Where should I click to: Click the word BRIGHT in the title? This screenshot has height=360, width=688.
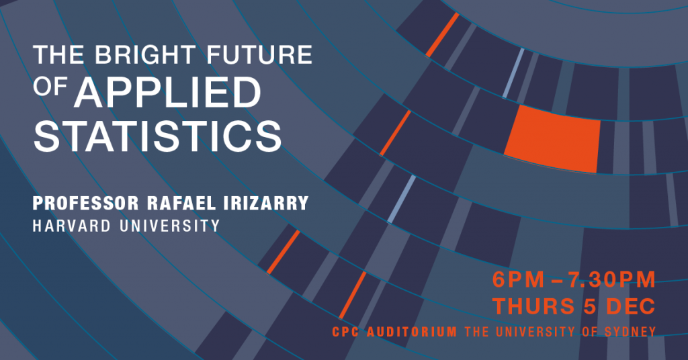click(x=145, y=55)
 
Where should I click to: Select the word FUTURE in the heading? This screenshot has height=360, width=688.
click(x=259, y=55)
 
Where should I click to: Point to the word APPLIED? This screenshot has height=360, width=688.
click(x=167, y=92)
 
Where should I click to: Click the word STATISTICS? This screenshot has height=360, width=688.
click(x=157, y=136)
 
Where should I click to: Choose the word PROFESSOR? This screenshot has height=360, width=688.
click(x=86, y=203)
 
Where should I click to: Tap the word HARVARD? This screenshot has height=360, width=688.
click(x=72, y=226)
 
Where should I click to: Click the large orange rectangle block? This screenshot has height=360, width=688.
click(x=552, y=138)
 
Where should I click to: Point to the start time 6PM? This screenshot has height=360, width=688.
click(x=518, y=280)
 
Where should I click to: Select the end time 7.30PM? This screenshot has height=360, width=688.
click(x=612, y=280)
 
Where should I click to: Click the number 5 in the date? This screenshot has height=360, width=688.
click(x=590, y=306)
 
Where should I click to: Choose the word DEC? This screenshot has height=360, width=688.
click(x=631, y=306)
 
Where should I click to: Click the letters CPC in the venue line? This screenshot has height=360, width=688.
click(x=346, y=332)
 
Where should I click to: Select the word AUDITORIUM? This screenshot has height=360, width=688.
click(x=412, y=332)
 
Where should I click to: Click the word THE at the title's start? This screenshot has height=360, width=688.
click(x=59, y=55)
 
